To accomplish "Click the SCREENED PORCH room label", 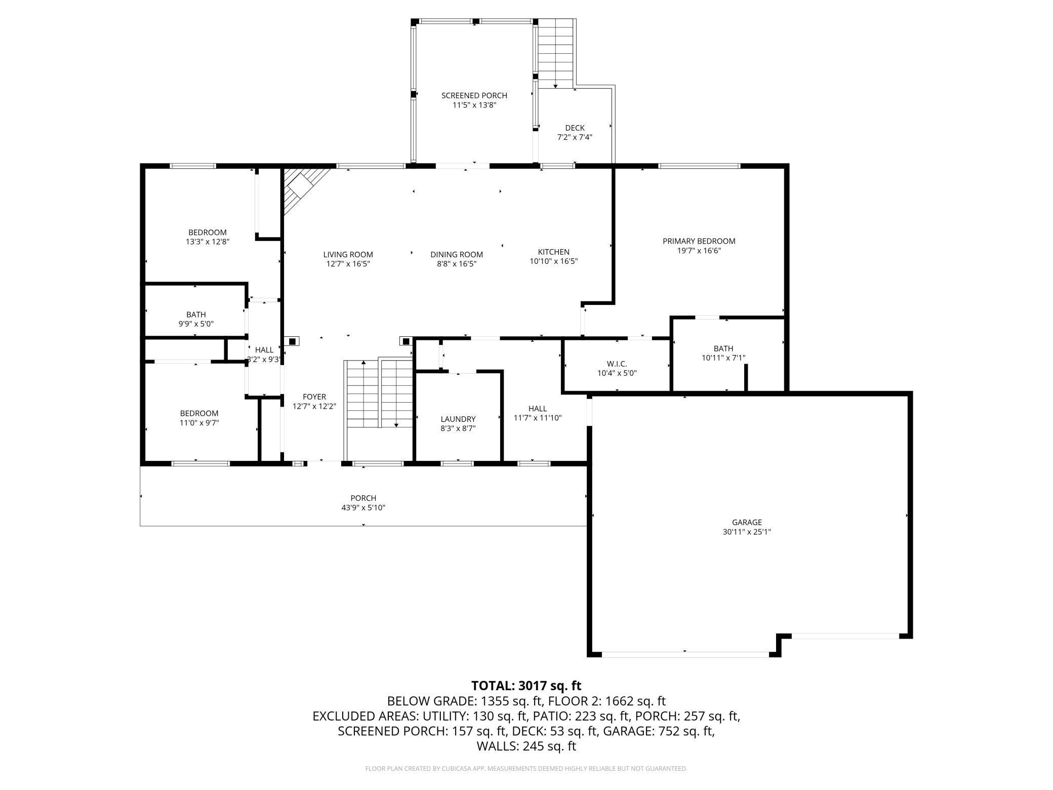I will tap(474, 95).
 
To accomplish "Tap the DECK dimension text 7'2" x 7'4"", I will tap(575, 137).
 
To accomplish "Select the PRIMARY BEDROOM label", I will tap(699, 241).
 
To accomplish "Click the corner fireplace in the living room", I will tap(302, 186).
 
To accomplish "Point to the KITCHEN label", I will tap(553, 252).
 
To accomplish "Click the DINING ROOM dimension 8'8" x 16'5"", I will tap(457, 264).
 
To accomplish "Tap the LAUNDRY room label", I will tap(458, 419).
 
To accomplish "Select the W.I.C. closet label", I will tap(617, 364).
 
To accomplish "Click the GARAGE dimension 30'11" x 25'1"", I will tap(747, 532).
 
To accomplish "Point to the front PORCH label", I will tap(363, 498).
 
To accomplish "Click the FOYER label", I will tap(314, 397).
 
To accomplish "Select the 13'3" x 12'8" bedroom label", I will tap(208, 232).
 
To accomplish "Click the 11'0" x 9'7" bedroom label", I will tap(199, 413).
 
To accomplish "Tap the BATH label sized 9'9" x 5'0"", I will tap(196, 314).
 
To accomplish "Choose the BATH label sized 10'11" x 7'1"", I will tap(723, 348).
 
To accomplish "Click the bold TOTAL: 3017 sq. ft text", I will tap(526, 686).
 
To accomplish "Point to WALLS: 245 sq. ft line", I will tap(526, 746).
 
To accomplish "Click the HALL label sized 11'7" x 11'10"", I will tap(537, 408).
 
